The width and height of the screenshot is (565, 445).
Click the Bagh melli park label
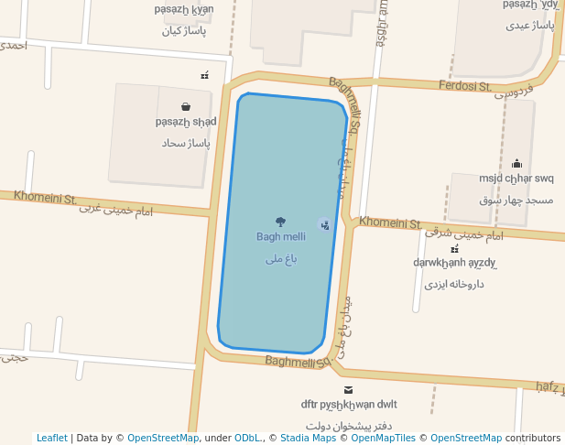[281, 237]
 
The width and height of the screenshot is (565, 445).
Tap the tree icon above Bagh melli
[280, 222]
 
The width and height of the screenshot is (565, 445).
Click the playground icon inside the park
[323, 224]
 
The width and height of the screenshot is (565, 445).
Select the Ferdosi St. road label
[466, 86]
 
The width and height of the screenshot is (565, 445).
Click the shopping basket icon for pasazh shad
[186, 107]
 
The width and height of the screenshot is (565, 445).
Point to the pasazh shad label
[186, 122]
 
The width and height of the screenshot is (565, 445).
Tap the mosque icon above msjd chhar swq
[516, 164]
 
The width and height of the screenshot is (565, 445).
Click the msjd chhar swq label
[516, 179]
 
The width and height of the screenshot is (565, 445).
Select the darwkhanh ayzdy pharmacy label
[454, 263]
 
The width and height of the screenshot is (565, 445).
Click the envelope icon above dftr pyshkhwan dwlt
[348, 390]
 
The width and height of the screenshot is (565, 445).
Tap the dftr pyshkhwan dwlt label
[349, 405]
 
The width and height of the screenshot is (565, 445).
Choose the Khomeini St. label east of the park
[390, 222]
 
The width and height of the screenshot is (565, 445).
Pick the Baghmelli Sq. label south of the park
[296, 362]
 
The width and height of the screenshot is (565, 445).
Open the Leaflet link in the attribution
[51, 438]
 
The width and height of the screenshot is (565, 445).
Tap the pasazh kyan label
[184, 9]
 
